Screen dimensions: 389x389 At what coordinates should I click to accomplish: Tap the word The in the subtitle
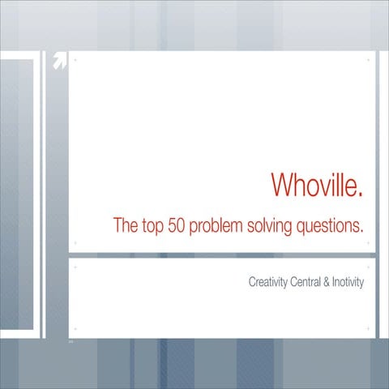point(125,225)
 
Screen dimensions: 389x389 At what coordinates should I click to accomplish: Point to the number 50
point(178,225)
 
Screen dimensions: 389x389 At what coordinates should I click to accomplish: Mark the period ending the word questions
point(361,231)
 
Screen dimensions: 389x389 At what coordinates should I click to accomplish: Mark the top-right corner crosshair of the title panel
point(369,60)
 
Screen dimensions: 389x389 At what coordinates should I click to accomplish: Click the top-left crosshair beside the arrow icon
point(75,60)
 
